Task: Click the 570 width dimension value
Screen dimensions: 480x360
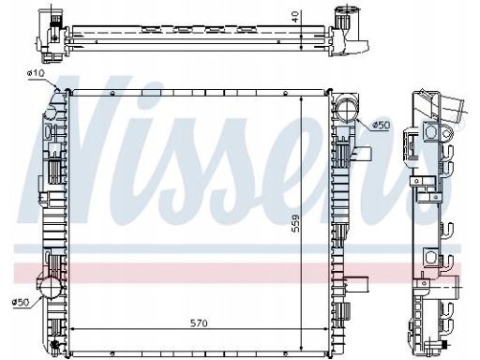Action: (x=199, y=322)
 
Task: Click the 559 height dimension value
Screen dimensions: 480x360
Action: (x=295, y=223)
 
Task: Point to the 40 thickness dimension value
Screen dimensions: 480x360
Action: (x=295, y=16)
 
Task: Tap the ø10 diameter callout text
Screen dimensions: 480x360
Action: (x=36, y=73)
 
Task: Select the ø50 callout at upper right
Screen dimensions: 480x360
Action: (x=382, y=126)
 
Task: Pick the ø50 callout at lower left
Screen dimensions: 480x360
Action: (x=21, y=302)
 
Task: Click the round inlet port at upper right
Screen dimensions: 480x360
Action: (x=346, y=107)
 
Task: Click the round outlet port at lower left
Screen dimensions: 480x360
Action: (x=49, y=287)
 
